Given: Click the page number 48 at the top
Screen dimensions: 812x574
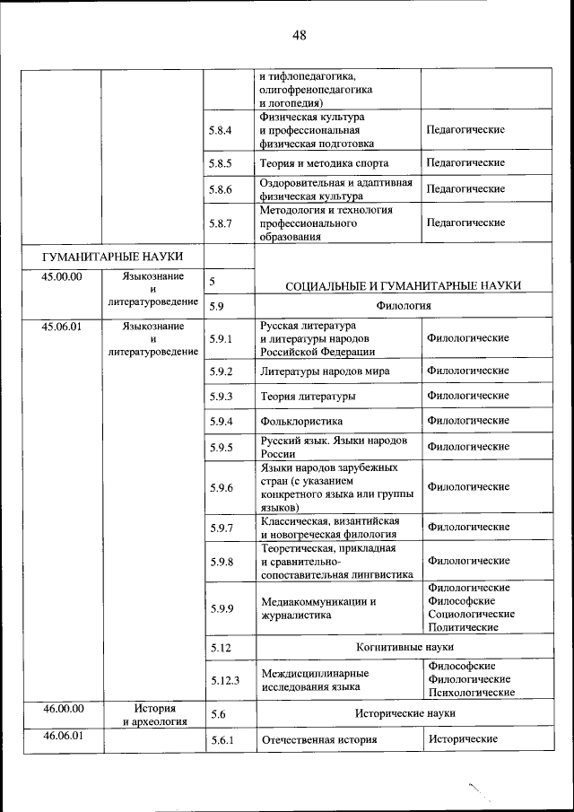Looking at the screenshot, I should (299, 35).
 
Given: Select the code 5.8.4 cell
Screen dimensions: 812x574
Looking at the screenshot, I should (220, 130).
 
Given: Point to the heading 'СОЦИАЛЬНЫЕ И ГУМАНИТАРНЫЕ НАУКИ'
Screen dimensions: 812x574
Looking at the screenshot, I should (404, 285).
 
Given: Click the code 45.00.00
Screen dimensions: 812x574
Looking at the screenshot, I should (62, 276).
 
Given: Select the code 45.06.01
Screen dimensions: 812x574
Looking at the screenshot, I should (62, 327).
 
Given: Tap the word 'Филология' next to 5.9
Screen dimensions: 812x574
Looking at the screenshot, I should (404, 306).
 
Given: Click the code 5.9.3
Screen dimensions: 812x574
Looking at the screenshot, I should (220, 396).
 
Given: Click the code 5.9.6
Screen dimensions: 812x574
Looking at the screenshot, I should (220, 487).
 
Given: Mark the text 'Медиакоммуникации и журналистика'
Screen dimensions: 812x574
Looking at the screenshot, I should (317, 608).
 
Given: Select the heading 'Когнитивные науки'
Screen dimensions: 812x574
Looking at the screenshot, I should (404, 646).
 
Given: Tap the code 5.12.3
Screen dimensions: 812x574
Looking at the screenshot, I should (225, 680).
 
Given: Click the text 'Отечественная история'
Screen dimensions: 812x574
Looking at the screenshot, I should (318, 740).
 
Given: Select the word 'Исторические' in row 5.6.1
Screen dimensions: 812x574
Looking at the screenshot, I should (463, 739).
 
